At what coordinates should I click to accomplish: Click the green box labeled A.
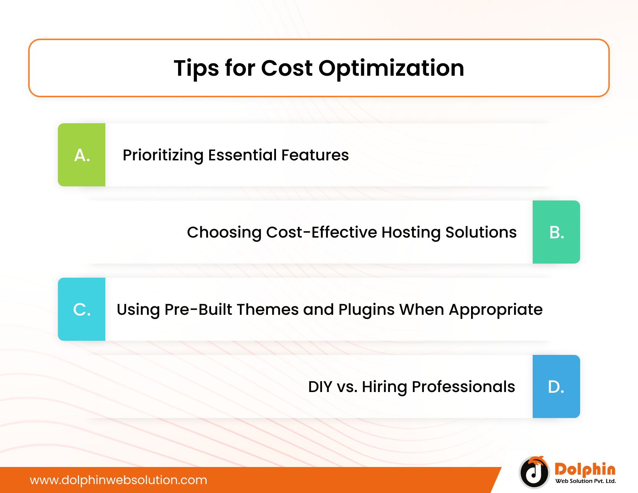click(82, 155)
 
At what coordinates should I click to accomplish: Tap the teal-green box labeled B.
click(556, 232)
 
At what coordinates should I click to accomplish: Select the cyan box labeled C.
click(82, 309)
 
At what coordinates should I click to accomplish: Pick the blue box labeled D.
click(556, 386)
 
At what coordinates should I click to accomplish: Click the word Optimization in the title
click(391, 69)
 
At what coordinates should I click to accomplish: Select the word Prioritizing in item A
click(163, 156)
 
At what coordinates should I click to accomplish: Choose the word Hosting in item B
click(411, 233)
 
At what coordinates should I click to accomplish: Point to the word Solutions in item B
click(481, 232)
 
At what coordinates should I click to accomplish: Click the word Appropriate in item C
click(496, 310)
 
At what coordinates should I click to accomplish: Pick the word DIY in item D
click(320, 386)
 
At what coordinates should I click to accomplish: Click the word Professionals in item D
click(463, 386)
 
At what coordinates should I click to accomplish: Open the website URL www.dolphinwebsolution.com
click(118, 480)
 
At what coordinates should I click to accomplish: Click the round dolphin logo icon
click(534, 472)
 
